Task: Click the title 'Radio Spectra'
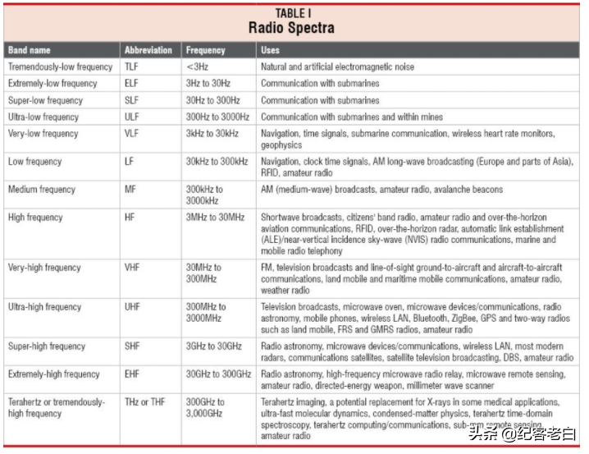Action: click(x=291, y=28)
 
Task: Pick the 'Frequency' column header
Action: click(x=206, y=50)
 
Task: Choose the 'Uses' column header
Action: click(x=270, y=50)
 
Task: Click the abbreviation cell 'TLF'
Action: click(x=132, y=66)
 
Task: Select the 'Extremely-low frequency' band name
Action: click(x=53, y=83)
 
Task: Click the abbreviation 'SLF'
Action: click(x=132, y=100)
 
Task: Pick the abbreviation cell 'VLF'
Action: click(x=132, y=133)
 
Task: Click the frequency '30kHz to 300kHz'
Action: click(x=217, y=162)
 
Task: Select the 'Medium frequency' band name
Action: click(x=42, y=190)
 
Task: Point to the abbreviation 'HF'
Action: click(x=130, y=218)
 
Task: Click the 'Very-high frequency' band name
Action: click(x=45, y=268)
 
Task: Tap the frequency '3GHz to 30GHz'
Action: click(x=216, y=346)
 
